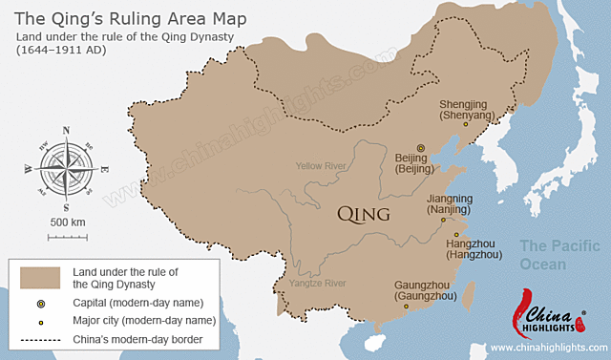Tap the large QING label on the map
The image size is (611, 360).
[x=365, y=215]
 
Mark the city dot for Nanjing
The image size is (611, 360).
[x=443, y=221]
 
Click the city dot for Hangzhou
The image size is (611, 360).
[x=456, y=235]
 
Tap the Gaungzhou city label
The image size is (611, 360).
[x=426, y=290]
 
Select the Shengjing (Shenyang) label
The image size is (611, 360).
[x=467, y=110]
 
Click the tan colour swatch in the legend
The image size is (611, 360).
[x=39, y=277]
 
